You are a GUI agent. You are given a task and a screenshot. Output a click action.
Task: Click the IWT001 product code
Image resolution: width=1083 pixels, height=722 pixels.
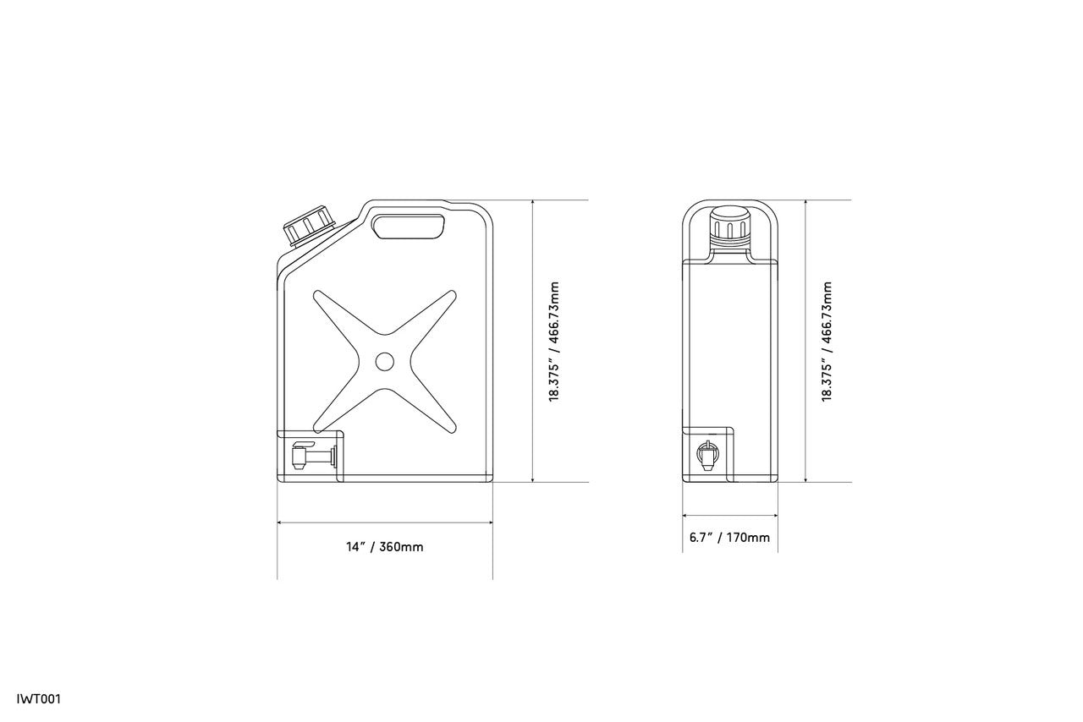(39, 699)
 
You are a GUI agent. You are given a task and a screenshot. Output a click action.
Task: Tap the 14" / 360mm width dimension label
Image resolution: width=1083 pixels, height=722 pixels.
(384, 547)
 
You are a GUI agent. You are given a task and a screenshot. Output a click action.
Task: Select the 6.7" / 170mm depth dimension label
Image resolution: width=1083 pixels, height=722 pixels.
(729, 538)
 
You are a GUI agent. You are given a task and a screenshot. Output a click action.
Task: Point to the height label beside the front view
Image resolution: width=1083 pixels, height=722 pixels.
(554, 342)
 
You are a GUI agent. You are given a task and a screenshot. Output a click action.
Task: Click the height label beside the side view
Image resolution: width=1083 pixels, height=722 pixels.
(827, 342)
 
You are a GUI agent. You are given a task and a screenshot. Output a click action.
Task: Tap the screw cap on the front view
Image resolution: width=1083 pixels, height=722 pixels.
(309, 227)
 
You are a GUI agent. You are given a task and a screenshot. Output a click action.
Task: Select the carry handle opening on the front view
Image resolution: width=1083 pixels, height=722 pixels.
(409, 227)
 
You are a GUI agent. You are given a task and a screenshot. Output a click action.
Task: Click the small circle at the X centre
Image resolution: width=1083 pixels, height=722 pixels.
(384, 362)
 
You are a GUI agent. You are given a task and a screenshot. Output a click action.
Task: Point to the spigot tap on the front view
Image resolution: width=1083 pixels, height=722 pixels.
(313, 455)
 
